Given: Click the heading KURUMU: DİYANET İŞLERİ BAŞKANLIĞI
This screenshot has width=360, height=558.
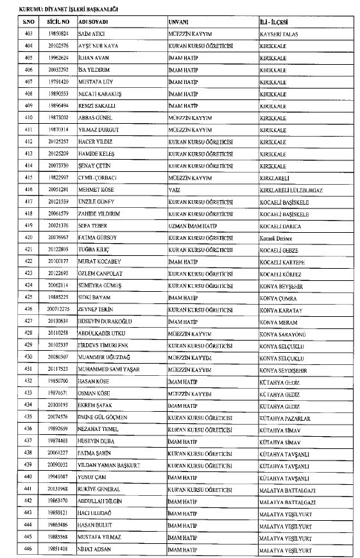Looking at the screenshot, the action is point(62,8).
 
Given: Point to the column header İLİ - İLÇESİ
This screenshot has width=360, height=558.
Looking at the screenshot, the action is point(274,22).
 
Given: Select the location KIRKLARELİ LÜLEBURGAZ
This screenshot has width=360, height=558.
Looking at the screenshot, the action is point(291,190).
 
